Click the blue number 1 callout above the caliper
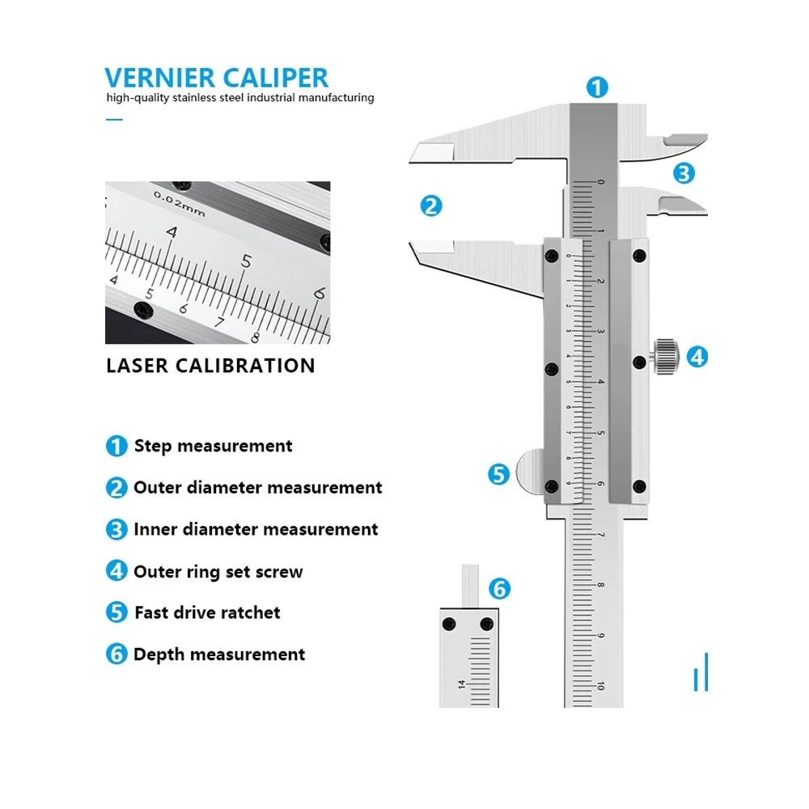pos(597,87)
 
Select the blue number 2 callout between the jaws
pos(431,205)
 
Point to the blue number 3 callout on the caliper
pos(684,172)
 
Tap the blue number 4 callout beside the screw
pos(697,356)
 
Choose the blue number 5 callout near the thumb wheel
pos(499,474)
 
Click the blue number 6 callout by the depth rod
pos(500,588)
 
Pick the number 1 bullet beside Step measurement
pos(116,446)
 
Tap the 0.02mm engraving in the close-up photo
pos(179,202)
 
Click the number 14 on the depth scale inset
pos(462,684)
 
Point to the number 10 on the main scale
pos(599,685)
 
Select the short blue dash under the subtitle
pos(114,120)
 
